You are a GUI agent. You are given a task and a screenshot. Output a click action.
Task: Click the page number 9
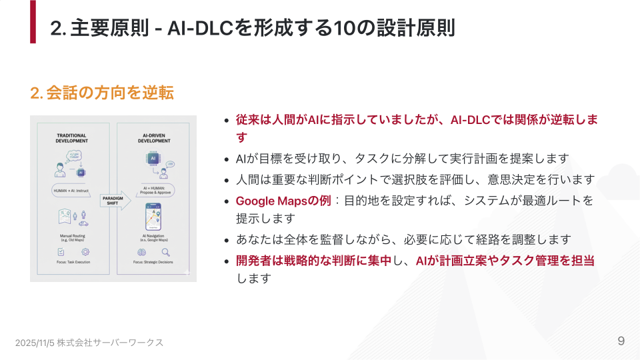(x=621, y=341)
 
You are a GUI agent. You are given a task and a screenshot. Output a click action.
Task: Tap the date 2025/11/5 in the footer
(x=35, y=342)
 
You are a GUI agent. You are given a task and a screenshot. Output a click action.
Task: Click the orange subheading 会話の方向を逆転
(x=102, y=93)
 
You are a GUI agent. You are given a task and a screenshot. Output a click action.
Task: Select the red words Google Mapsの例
(x=283, y=201)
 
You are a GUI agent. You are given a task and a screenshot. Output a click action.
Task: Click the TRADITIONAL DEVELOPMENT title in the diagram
(x=71, y=138)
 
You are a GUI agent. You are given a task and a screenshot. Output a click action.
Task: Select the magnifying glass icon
(x=165, y=253)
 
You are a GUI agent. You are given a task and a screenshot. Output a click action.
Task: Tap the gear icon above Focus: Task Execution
(x=85, y=252)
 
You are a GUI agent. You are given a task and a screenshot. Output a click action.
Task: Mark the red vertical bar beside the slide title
(x=33, y=21)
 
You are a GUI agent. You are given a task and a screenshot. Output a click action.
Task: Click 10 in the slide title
(x=343, y=29)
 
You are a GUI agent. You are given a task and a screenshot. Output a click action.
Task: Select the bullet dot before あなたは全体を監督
(x=227, y=239)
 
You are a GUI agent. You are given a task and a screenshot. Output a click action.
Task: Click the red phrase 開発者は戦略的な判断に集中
(x=313, y=261)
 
